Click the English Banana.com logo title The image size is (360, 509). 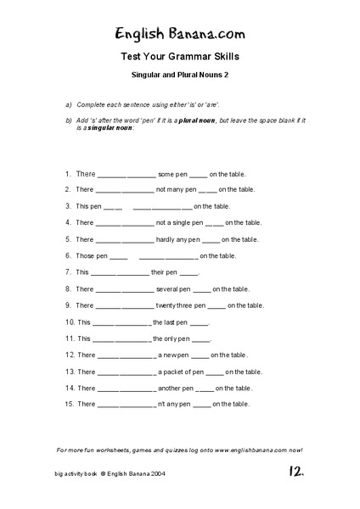[179, 33]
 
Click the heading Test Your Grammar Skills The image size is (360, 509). [179, 58]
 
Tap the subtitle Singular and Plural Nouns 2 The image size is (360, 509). [179, 75]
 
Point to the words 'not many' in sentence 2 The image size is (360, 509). [171, 189]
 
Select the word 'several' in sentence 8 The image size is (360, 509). [169, 288]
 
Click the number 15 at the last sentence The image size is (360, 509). [68, 404]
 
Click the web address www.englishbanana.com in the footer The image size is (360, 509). [247, 450]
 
